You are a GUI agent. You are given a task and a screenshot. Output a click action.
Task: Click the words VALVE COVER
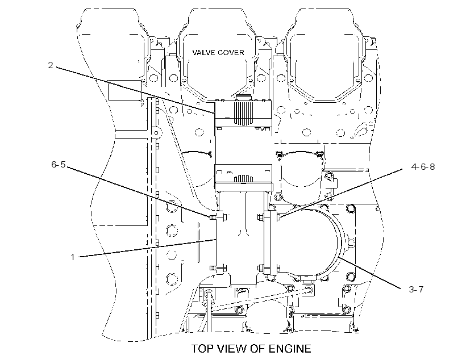(x=218, y=53)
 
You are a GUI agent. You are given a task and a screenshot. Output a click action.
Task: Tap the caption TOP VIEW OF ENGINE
(x=251, y=349)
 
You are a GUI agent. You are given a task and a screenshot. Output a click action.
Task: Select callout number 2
(x=51, y=65)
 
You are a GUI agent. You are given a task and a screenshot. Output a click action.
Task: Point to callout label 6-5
(x=58, y=164)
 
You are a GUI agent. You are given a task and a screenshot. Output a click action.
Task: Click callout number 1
(x=72, y=257)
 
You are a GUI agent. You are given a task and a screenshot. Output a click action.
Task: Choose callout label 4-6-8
(x=423, y=166)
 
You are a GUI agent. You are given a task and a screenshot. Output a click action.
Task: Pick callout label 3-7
(x=416, y=289)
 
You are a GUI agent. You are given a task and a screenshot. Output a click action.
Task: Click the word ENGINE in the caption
(x=290, y=349)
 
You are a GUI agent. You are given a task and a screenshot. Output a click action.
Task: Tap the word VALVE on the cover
(x=203, y=53)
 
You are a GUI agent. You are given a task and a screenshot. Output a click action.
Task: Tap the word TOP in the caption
(x=203, y=349)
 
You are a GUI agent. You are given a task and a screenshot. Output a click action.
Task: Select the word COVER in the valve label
(x=231, y=53)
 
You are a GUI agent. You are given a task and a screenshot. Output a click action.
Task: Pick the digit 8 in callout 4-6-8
(x=432, y=166)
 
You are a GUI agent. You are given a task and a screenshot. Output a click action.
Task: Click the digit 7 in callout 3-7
(x=421, y=289)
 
